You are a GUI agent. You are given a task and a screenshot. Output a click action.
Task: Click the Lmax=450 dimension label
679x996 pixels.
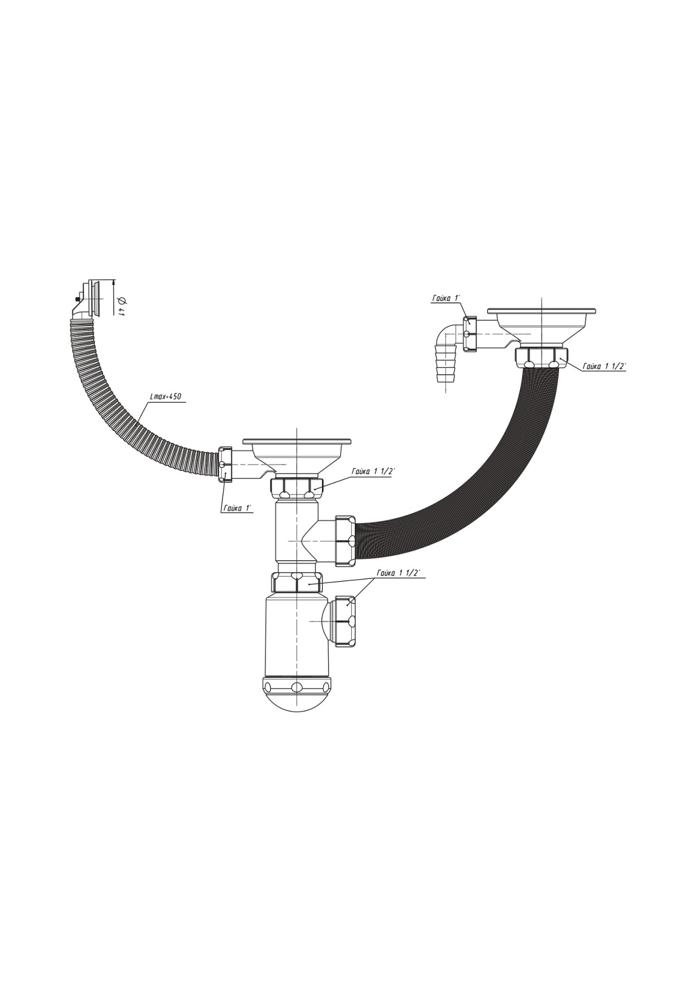165,397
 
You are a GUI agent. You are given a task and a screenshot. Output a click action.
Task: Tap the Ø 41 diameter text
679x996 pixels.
121,306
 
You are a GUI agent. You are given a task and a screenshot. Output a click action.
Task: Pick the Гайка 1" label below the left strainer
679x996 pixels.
237,508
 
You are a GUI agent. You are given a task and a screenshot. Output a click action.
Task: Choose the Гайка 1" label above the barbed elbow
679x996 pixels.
446,298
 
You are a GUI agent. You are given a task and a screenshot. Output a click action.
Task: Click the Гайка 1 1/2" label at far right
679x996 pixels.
604,366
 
